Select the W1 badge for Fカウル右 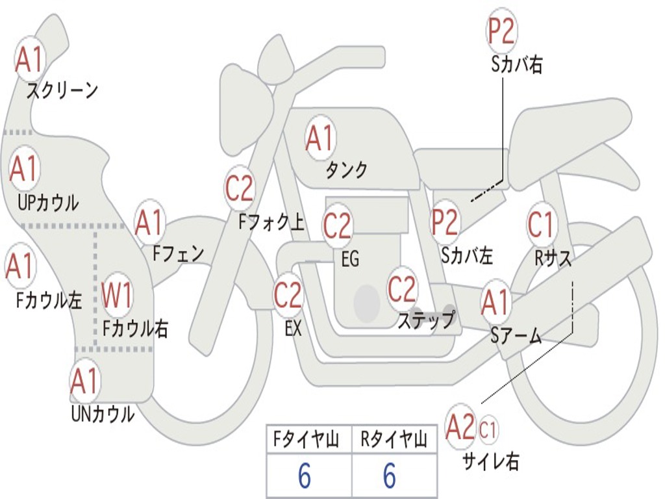[x=118, y=296]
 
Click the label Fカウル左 [x=49, y=300]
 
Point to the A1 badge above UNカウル [x=85, y=381]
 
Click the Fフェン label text [x=179, y=253]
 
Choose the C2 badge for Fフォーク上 [x=240, y=188]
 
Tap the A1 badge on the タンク [x=320, y=138]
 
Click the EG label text [x=350, y=259]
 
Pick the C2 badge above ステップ [x=403, y=288]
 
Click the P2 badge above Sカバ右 [x=501, y=31]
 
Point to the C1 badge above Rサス [x=541, y=225]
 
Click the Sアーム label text [x=516, y=336]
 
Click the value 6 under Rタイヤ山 [x=389, y=476]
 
